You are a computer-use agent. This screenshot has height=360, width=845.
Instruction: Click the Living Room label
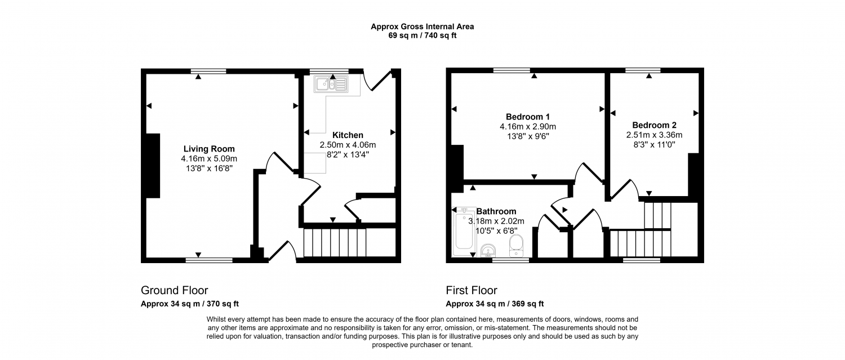click(209, 149)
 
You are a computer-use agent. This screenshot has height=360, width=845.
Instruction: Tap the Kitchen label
click(348, 135)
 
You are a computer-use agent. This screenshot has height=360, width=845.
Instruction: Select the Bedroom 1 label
click(528, 117)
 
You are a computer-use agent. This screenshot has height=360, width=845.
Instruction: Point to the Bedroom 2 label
click(655, 125)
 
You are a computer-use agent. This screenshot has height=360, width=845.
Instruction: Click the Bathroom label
click(496, 211)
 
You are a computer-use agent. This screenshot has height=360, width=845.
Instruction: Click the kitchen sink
click(331, 84)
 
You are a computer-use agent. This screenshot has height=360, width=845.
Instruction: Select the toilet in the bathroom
click(516, 246)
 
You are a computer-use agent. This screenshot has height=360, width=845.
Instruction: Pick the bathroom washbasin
click(488, 250)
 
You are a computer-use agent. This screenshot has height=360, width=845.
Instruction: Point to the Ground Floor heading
click(174, 290)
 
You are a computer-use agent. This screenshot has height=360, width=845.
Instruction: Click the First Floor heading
click(472, 290)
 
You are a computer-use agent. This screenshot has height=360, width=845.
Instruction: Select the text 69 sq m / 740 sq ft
click(422, 36)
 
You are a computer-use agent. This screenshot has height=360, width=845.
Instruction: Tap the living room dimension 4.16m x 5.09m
click(209, 159)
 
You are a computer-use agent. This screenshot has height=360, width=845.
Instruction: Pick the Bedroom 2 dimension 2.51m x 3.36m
click(655, 135)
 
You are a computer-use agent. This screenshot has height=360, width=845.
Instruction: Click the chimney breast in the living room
click(153, 166)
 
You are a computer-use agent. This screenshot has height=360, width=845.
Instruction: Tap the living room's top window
click(208, 71)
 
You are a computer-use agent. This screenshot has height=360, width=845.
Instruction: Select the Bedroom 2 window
click(643, 70)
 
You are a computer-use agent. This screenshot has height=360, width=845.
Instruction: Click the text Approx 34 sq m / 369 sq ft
click(495, 304)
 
